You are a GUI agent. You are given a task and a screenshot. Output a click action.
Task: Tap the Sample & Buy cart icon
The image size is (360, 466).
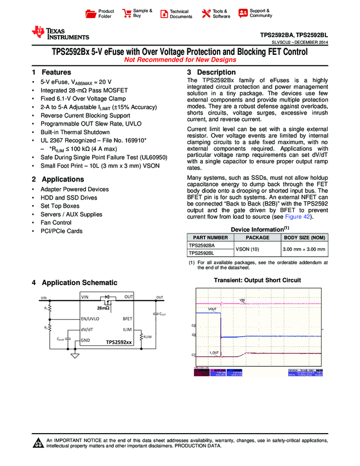(x=127, y=14)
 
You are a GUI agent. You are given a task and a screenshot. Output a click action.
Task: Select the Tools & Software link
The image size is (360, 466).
(x=221, y=14)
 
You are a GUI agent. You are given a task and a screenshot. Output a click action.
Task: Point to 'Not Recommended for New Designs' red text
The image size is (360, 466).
(x=180, y=60)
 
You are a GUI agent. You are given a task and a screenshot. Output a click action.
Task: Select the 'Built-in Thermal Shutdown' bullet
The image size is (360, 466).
(x=75, y=132)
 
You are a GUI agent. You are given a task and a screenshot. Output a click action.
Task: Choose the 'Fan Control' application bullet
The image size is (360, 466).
(x=56, y=223)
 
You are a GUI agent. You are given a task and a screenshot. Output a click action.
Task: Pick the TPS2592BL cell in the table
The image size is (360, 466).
(x=201, y=253)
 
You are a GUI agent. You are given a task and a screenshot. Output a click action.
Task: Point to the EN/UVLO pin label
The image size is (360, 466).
(x=90, y=319)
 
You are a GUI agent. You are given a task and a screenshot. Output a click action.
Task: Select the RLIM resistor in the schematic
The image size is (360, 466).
(x=141, y=336)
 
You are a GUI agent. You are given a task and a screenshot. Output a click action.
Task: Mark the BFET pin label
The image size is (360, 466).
(x=127, y=319)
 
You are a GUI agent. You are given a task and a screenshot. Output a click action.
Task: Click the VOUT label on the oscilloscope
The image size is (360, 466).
(x=213, y=309)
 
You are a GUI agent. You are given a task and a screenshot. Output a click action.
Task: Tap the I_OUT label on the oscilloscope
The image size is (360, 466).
(x=214, y=352)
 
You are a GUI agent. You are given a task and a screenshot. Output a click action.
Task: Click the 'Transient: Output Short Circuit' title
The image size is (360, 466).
(x=257, y=281)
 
